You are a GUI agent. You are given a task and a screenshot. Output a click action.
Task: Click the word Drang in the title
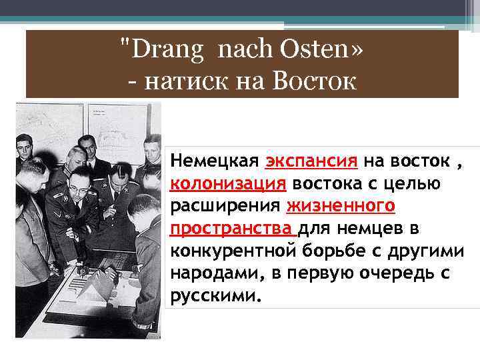[x=159, y=51]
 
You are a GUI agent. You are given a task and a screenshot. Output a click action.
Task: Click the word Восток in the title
[x=314, y=81]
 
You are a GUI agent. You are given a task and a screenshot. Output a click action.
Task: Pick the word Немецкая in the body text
[x=215, y=161]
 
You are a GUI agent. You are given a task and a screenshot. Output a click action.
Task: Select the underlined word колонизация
[x=228, y=183]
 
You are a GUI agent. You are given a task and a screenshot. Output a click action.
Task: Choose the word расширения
[x=227, y=206]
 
